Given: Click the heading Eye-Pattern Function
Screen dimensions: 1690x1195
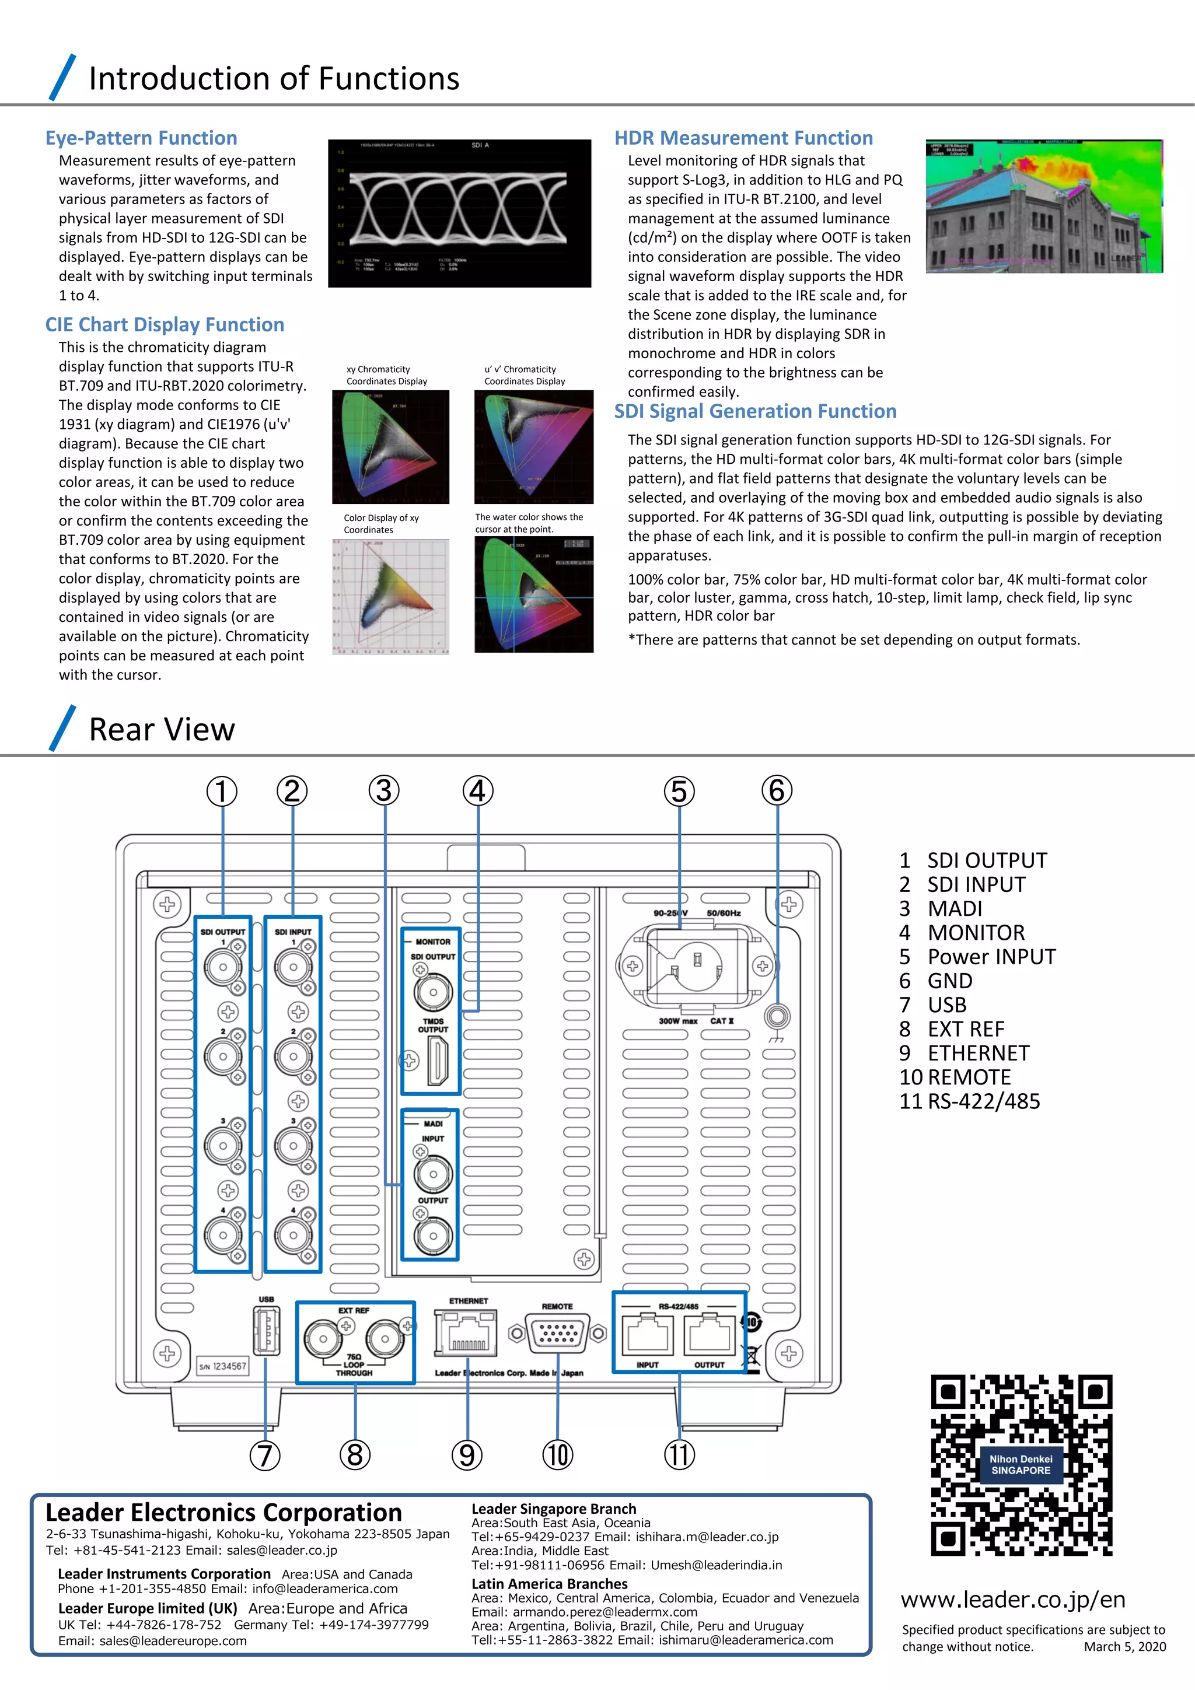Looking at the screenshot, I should click(141, 138).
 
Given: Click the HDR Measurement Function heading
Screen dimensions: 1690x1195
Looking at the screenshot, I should click(743, 138).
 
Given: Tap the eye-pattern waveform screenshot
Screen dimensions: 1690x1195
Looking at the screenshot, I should click(459, 213).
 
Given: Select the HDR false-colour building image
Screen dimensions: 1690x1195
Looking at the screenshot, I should click(1044, 206).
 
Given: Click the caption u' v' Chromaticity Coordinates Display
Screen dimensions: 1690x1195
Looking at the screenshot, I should click(524, 375).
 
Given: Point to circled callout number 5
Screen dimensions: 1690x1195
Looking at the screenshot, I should click(679, 791).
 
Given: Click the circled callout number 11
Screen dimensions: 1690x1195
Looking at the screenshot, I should click(679, 1455).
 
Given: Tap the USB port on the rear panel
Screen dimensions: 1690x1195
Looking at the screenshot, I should click(267, 1331).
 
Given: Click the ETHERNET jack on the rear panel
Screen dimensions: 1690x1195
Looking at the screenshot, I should click(467, 1333).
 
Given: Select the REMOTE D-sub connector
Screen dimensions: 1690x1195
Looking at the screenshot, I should click(557, 1333).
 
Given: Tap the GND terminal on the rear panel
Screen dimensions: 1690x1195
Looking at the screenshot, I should click(777, 1017).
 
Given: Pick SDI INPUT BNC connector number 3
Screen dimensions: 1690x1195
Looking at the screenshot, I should click(293, 1146).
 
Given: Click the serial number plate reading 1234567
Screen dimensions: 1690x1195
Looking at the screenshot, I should click(222, 1366).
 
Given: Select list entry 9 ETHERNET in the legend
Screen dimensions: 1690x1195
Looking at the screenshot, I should click(964, 1054).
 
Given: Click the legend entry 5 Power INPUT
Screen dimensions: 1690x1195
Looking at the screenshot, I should click(977, 957).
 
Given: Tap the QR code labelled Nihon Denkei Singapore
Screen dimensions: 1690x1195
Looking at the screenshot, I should click(1021, 1465).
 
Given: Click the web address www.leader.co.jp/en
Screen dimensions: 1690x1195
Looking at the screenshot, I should click(1012, 1599).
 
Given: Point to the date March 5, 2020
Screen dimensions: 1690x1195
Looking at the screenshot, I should click(1124, 1647).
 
